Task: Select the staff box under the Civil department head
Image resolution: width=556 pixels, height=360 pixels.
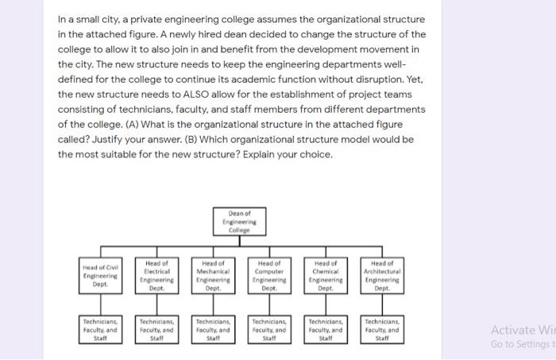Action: click(x=101, y=327)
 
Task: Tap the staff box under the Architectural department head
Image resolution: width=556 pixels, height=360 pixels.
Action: click(x=382, y=327)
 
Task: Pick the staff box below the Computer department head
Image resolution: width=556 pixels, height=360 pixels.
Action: click(x=269, y=327)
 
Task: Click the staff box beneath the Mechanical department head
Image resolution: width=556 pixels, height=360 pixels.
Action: click(x=213, y=327)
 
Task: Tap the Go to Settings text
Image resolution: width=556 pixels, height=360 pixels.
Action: click(x=520, y=344)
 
